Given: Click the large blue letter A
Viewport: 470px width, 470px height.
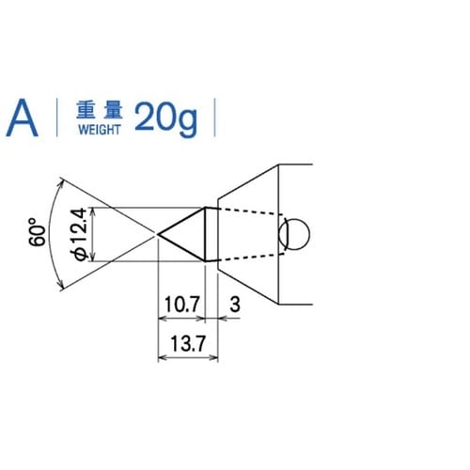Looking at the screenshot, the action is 23,117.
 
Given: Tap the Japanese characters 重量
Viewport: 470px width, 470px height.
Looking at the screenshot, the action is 100,110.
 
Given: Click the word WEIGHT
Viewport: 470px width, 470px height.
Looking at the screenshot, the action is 100,130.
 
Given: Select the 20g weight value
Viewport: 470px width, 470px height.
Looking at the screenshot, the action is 166,119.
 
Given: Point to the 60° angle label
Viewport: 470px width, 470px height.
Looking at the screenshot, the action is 38,232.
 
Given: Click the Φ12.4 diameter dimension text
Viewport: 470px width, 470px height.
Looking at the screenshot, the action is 80,234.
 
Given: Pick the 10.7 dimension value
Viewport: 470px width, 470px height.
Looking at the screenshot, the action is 181,305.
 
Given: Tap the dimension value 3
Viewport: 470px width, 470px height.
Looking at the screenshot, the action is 235,305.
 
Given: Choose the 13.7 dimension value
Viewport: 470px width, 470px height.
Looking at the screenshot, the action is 188,343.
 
